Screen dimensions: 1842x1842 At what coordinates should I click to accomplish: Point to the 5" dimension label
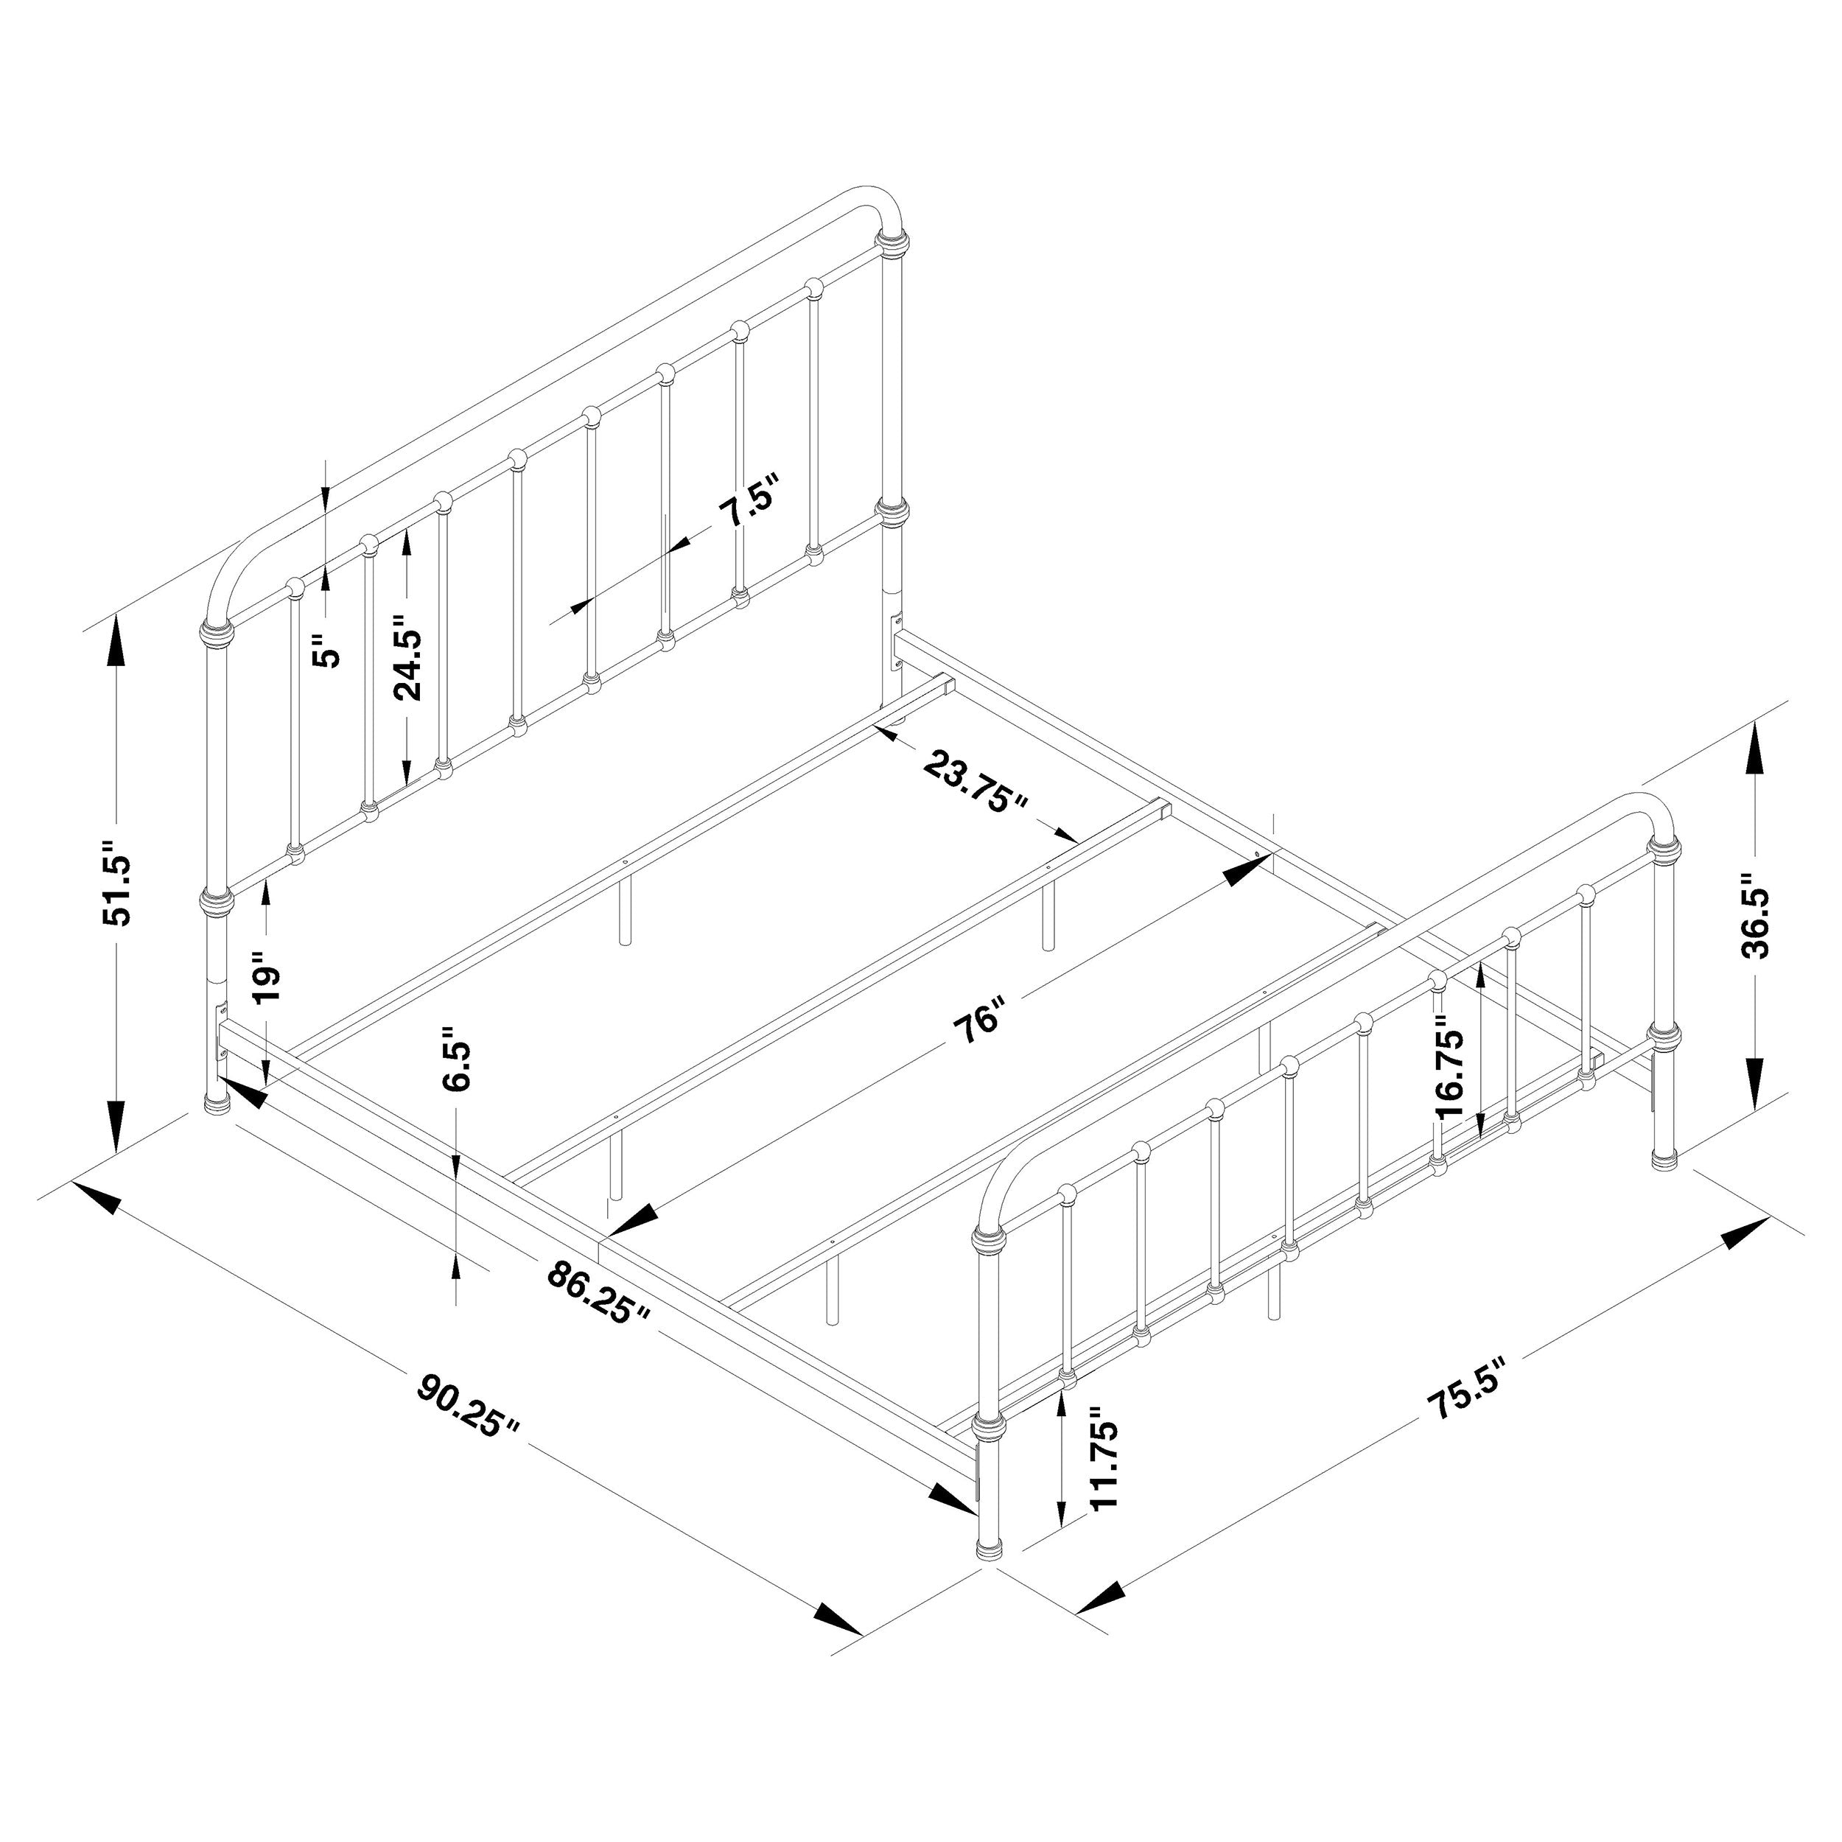[x=328, y=652]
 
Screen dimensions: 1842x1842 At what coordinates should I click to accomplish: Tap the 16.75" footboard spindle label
[x=1450, y=1074]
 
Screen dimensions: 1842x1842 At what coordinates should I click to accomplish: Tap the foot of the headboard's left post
[x=220, y=1104]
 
